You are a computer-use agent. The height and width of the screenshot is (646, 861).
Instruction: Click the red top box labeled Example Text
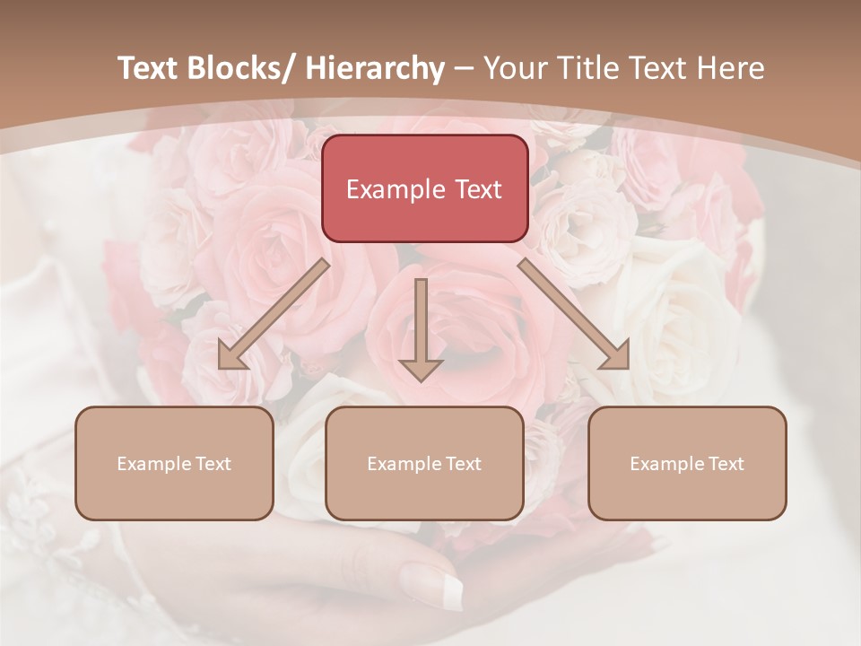424,188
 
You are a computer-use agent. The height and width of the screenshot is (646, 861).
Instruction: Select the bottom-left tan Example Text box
174,463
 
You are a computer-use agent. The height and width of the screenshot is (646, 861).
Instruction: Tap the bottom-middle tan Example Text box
424,463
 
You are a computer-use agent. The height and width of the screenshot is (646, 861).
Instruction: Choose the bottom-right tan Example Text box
687,463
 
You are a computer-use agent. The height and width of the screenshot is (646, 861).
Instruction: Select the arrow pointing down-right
573,314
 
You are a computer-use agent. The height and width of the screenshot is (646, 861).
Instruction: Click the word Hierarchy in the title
374,68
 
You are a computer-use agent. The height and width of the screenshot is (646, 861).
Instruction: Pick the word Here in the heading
732,68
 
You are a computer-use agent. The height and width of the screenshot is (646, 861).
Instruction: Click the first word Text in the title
149,68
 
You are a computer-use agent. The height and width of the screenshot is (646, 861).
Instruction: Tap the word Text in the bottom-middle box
463,464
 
